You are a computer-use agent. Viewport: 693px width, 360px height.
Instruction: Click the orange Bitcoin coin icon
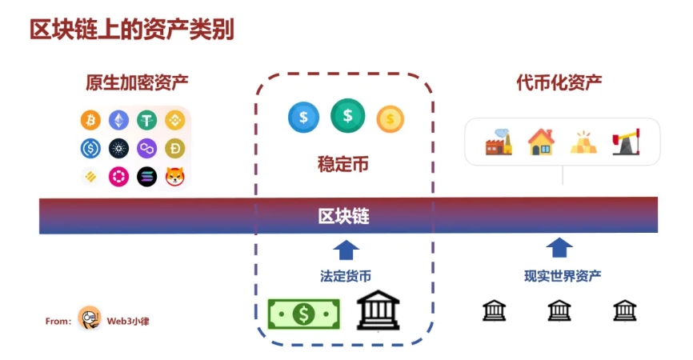(90, 121)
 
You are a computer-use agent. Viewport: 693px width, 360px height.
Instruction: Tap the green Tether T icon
(147, 121)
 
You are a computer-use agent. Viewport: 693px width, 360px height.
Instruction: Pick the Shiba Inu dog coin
(175, 177)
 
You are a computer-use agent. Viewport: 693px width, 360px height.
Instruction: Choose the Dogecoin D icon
(175, 149)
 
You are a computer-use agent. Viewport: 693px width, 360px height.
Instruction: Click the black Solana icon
(147, 177)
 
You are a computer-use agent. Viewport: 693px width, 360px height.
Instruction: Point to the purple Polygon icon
(147, 149)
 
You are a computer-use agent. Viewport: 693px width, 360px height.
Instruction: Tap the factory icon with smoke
(499, 142)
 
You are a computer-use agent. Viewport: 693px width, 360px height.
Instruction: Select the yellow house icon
(541, 142)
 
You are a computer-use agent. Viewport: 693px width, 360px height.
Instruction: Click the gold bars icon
(583, 142)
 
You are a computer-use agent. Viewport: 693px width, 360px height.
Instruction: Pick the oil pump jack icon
(625, 142)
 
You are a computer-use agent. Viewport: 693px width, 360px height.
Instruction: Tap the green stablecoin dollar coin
(347, 115)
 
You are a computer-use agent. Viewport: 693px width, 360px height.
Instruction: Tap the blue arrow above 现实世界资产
(559, 247)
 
